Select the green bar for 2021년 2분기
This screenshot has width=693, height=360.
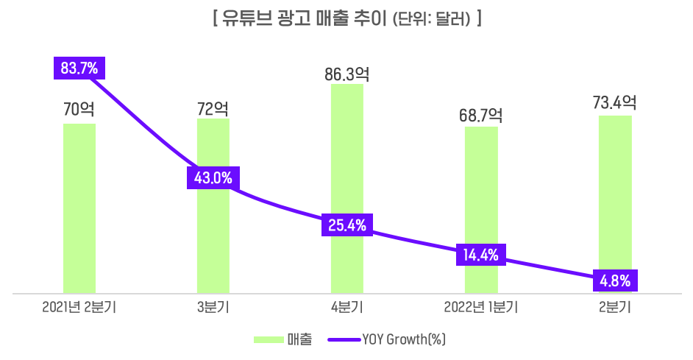[x=79, y=221]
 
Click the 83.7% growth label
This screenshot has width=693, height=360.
[x=79, y=68]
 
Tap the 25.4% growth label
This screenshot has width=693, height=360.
[x=347, y=225]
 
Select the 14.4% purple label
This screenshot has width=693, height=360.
[x=481, y=255]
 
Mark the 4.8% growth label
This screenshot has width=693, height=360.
[x=615, y=280]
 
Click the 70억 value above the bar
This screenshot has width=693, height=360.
[x=79, y=110]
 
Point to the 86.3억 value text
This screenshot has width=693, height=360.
[x=346, y=74]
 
